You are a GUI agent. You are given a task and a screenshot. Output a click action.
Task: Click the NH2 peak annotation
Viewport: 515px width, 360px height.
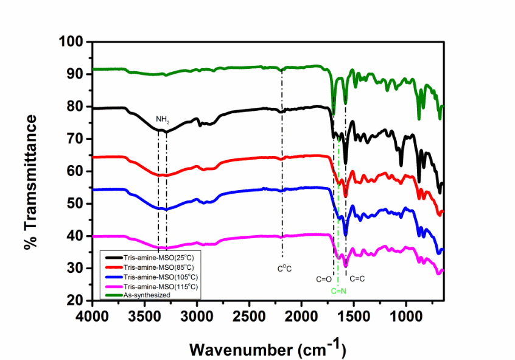pyautogui.click(x=163, y=119)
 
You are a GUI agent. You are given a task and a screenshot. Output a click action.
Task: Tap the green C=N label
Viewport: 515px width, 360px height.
pyautogui.click(x=338, y=291)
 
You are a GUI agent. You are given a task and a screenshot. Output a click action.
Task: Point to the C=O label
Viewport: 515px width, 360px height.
pyautogui.click(x=323, y=279)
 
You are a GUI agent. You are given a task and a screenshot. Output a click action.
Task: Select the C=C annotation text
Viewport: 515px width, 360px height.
pyautogui.click(x=357, y=279)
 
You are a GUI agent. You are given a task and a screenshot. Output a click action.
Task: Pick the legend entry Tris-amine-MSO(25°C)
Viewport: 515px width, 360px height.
pyautogui.click(x=161, y=258)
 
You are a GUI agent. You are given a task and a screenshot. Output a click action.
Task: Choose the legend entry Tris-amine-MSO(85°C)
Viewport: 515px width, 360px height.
pyautogui.click(x=161, y=267)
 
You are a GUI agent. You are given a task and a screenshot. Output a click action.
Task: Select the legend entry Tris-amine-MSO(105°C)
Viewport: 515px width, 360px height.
pyautogui.click(x=163, y=277)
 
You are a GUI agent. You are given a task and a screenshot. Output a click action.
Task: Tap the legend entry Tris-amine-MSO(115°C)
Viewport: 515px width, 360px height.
pyautogui.click(x=163, y=286)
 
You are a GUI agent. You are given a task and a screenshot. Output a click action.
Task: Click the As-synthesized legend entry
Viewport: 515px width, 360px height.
pyautogui.click(x=147, y=294)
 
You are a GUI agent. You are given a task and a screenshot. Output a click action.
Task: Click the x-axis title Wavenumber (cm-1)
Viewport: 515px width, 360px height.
pyautogui.click(x=268, y=348)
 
